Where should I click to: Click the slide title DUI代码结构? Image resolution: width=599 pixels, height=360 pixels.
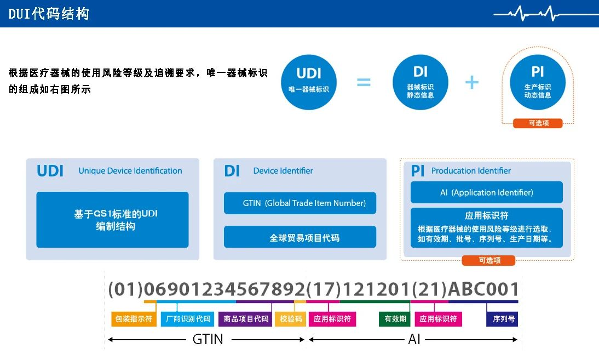pos(49,14)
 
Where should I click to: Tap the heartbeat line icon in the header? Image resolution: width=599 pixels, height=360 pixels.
pos(546,14)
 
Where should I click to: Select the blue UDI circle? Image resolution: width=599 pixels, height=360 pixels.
pos(309,82)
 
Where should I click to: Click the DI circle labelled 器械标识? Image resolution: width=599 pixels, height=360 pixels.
pos(420,82)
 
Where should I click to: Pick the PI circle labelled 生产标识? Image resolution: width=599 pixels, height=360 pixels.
pos(538,82)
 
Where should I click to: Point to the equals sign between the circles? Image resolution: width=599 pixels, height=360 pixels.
pos(364,82)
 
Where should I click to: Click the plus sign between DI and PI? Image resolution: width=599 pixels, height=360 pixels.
pos(472,82)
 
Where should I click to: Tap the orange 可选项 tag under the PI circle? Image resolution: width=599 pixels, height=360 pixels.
pos(538,123)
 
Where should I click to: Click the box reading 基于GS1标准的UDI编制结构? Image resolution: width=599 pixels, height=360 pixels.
pos(112,220)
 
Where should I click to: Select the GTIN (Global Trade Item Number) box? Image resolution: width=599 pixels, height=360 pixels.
pos(300,203)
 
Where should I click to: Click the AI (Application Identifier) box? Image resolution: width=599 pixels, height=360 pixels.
pos(487,192)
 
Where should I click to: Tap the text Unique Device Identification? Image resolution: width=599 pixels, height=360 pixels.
pos(130,171)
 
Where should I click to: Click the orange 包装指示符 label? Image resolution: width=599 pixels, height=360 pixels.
pos(134,319)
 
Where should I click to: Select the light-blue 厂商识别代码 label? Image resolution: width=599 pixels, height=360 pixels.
pos(188,319)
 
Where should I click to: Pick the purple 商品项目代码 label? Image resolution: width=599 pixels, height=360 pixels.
pos(246,319)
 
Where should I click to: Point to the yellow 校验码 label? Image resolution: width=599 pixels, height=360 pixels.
pos(290,319)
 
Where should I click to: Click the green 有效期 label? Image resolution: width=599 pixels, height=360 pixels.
pos(395,319)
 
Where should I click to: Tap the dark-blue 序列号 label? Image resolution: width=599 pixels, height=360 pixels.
pos(502,319)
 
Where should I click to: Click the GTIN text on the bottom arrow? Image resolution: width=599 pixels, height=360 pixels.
pos(208,339)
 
